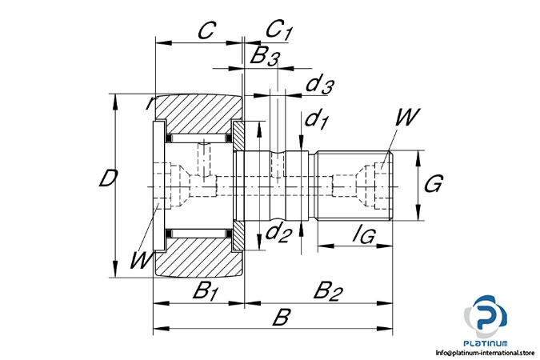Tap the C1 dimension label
click(279, 30)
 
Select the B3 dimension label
click(265, 55)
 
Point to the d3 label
click(320, 85)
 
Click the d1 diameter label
click(317, 119)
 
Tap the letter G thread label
click(434, 184)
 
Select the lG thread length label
click(364, 234)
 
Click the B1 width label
click(206, 290)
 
